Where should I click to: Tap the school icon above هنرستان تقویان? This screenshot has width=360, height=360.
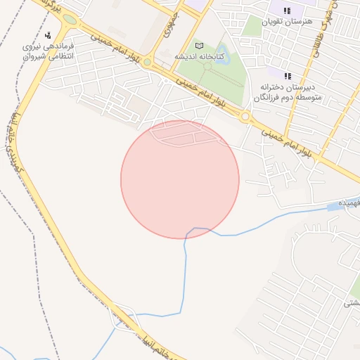[286, 11]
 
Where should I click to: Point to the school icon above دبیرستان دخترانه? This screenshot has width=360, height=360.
[287, 75]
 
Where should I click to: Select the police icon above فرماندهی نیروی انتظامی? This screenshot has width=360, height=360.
[47, 35]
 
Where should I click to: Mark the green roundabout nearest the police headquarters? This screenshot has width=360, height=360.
[69, 20]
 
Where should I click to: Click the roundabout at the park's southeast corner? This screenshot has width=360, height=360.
[245, 117]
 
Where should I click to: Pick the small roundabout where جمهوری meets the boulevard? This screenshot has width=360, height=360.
[146, 63]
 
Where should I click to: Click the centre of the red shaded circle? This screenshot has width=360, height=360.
[180, 179]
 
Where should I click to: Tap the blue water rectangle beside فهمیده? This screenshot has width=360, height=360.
[333, 207]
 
